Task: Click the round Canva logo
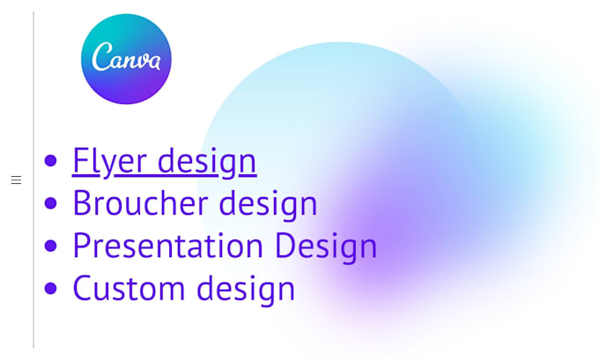[x=126, y=60]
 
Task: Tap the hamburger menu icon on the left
[x=16, y=180]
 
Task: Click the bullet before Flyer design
[x=50, y=161]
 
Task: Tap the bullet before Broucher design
[x=50, y=203]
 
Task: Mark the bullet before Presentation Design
[x=50, y=246]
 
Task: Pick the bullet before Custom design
[x=50, y=288]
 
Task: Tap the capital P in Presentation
[x=82, y=246]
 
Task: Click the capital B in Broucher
[x=82, y=203]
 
